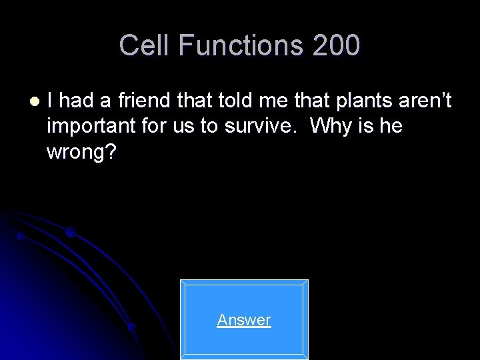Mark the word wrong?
pos(81,151)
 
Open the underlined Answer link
pos(244,320)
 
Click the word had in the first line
pos(80,101)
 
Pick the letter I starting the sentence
pos(51,101)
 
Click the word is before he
pos(367,126)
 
